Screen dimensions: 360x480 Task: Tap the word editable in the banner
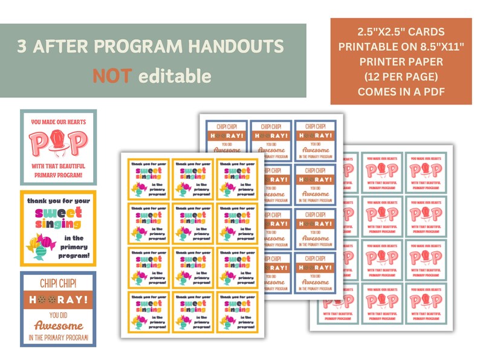coord(175,76)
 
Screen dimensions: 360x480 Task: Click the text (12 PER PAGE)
coord(401,77)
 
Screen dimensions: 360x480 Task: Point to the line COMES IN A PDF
coord(401,92)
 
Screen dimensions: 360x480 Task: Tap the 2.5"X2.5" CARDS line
coord(401,31)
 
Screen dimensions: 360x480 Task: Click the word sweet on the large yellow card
coord(58,213)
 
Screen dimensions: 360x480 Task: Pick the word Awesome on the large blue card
coord(58,326)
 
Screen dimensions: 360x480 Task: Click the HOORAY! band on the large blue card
coord(58,299)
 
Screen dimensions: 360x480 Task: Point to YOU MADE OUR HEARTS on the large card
coord(58,121)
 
